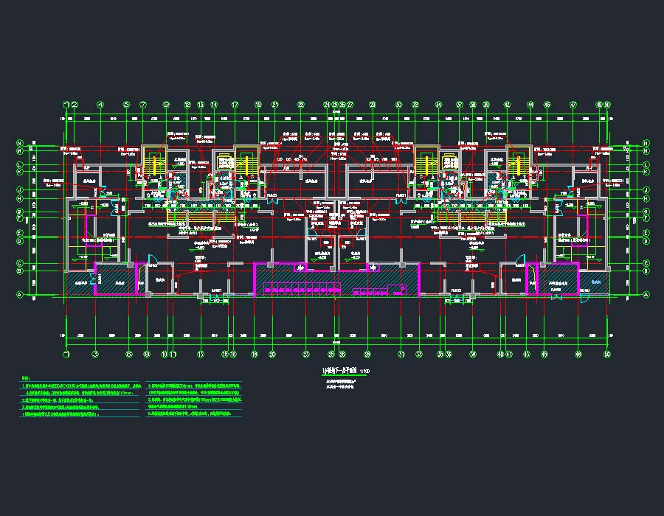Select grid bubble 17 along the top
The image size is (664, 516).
(235, 105)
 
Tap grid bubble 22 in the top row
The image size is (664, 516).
(301, 105)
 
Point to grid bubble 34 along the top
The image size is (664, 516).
(438, 105)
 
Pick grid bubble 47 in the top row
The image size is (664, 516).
(573, 105)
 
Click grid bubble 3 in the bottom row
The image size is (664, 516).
(95, 354)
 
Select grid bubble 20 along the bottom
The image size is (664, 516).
(272, 354)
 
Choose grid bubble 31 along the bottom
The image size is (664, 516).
(401, 354)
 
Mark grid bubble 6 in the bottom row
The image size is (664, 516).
(129, 354)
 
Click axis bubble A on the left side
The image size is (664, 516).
(20, 295)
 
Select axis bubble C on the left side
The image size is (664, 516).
(20, 263)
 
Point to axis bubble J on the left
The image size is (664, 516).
(20, 190)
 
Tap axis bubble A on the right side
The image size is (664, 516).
(646, 295)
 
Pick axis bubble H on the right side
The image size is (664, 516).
(646, 198)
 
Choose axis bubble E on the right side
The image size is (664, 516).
(646, 232)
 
